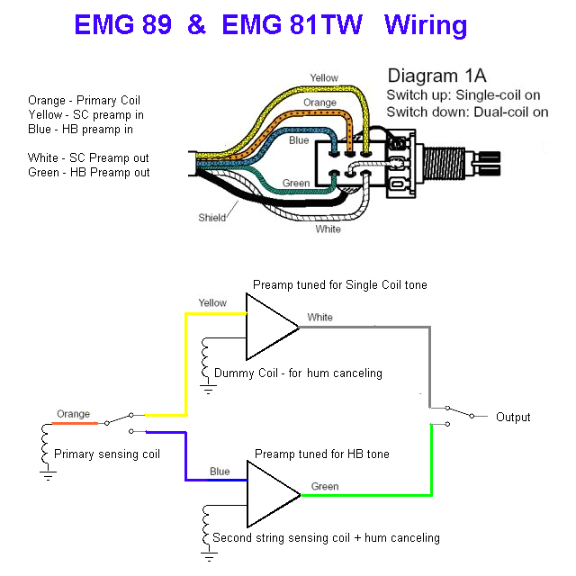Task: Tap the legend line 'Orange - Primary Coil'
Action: (x=84, y=100)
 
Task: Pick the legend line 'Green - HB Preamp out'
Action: (x=88, y=172)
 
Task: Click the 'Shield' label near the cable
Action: (x=212, y=218)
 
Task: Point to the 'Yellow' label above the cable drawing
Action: (x=324, y=78)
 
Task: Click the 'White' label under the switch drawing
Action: (x=328, y=229)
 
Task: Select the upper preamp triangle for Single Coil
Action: (x=267, y=326)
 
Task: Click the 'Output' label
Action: (x=513, y=418)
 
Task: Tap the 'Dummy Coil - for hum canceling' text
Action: (x=298, y=373)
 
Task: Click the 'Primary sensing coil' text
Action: (x=107, y=454)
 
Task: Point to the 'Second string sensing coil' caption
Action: (x=326, y=538)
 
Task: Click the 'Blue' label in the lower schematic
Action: (x=220, y=471)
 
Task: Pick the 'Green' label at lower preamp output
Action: (x=325, y=487)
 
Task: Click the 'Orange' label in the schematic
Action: (x=73, y=414)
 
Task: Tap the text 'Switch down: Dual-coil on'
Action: (x=467, y=112)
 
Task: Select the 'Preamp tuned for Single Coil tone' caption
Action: (x=339, y=284)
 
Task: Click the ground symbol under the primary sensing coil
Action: (x=45, y=474)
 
